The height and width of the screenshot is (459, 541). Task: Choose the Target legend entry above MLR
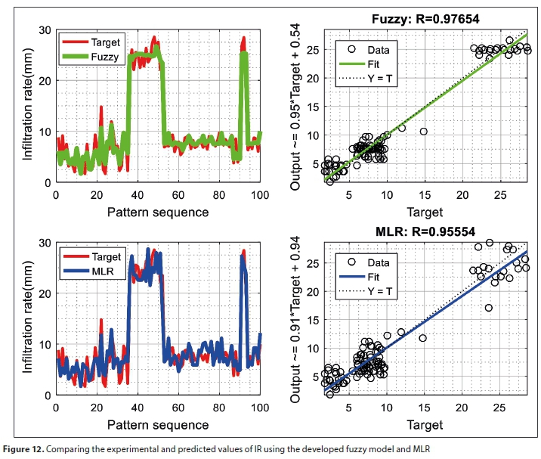coord(104,257)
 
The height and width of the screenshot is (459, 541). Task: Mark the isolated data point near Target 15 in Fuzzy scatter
coord(424,132)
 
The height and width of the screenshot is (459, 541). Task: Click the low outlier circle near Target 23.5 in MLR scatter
coord(489,308)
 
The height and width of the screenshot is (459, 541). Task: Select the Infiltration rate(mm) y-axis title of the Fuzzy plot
coord(28,107)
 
